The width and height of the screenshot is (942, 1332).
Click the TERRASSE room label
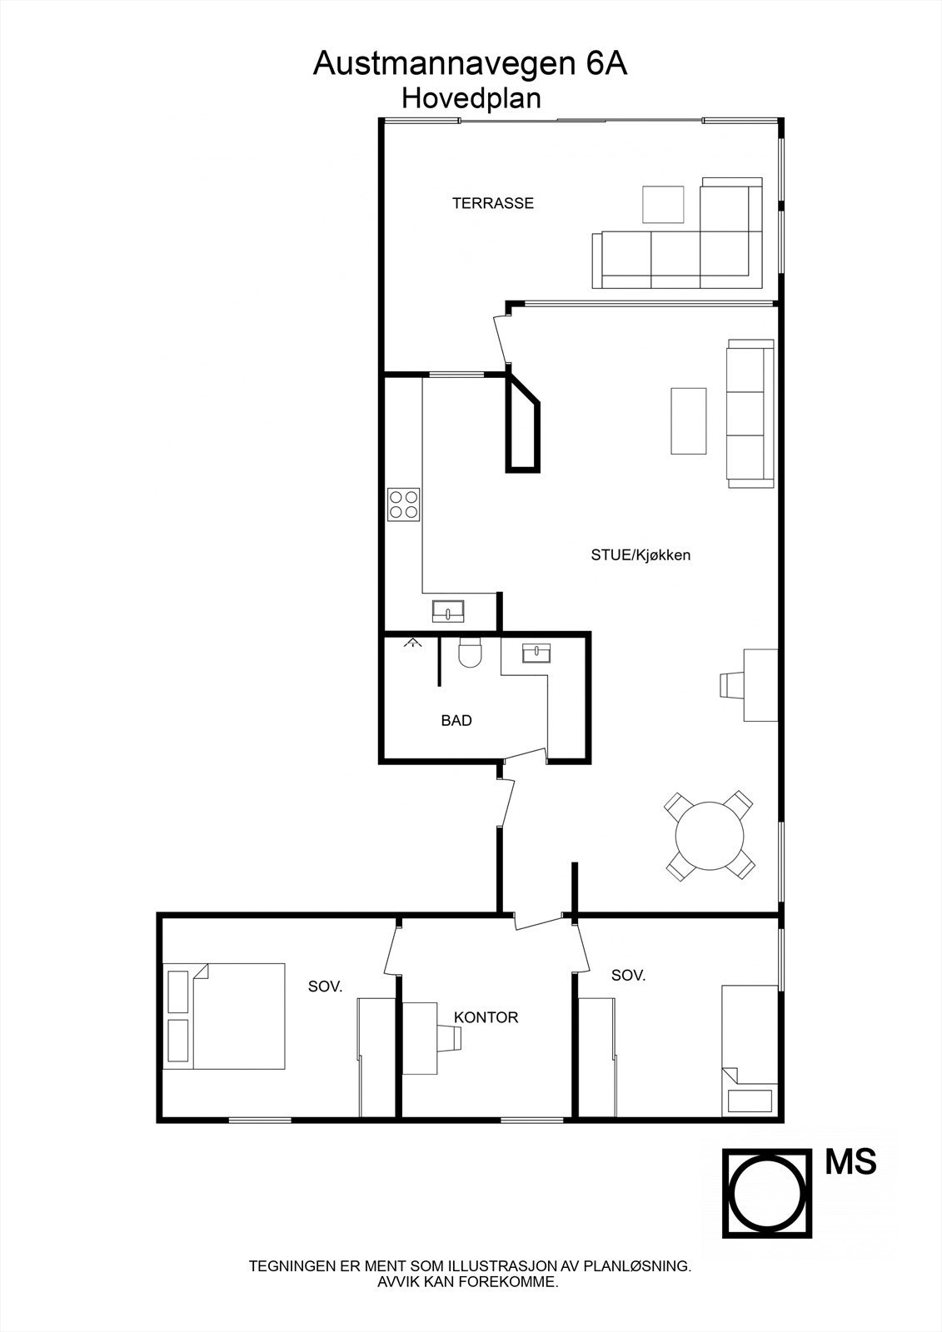(x=492, y=203)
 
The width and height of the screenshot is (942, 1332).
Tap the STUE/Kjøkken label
(x=640, y=555)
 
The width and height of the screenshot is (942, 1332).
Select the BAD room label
(x=456, y=721)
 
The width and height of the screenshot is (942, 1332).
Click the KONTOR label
(x=486, y=1017)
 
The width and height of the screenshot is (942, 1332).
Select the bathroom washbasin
(x=537, y=653)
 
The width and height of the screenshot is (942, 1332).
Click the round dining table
(x=710, y=836)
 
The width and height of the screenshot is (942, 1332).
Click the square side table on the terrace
(x=663, y=204)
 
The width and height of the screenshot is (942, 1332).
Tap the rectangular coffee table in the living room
(x=689, y=420)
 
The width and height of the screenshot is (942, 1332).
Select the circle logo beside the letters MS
(x=766, y=1194)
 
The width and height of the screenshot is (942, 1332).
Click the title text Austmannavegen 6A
(x=470, y=64)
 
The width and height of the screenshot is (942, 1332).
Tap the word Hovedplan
(x=471, y=98)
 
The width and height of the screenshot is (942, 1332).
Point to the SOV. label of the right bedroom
(x=628, y=976)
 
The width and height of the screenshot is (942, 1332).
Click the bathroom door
(x=525, y=754)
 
